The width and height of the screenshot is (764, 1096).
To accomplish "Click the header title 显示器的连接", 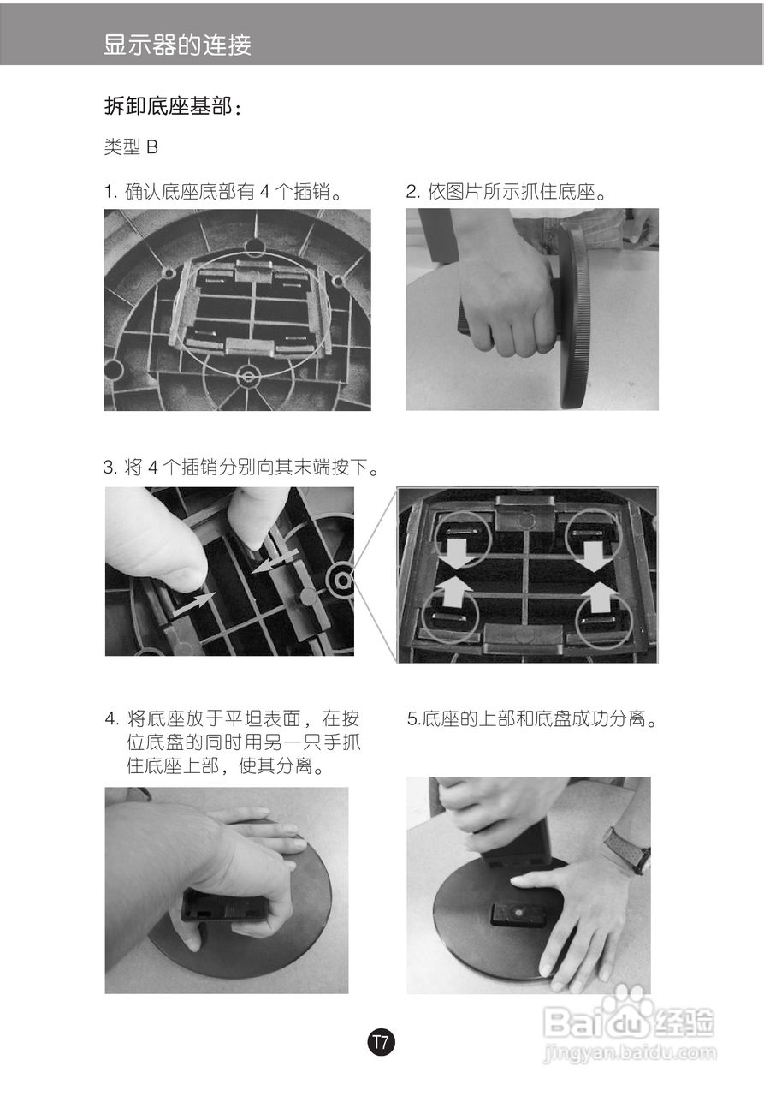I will click(x=177, y=45).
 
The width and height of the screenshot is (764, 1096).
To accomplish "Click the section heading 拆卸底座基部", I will click(x=172, y=107).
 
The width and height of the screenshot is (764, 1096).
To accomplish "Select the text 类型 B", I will click(x=131, y=147).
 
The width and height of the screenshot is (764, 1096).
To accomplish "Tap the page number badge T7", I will click(x=382, y=1043).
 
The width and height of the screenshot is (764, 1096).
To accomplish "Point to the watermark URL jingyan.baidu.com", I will click(x=630, y=1053).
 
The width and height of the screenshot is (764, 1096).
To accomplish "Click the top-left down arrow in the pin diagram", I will click(x=459, y=551).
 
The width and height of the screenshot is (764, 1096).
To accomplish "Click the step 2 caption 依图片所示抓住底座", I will click(x=507, y=192).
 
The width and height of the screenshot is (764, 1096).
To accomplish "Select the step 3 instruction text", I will click(x=241, y=468).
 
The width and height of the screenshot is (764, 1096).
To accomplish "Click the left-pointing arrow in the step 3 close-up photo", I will click(x=279, y=562).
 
